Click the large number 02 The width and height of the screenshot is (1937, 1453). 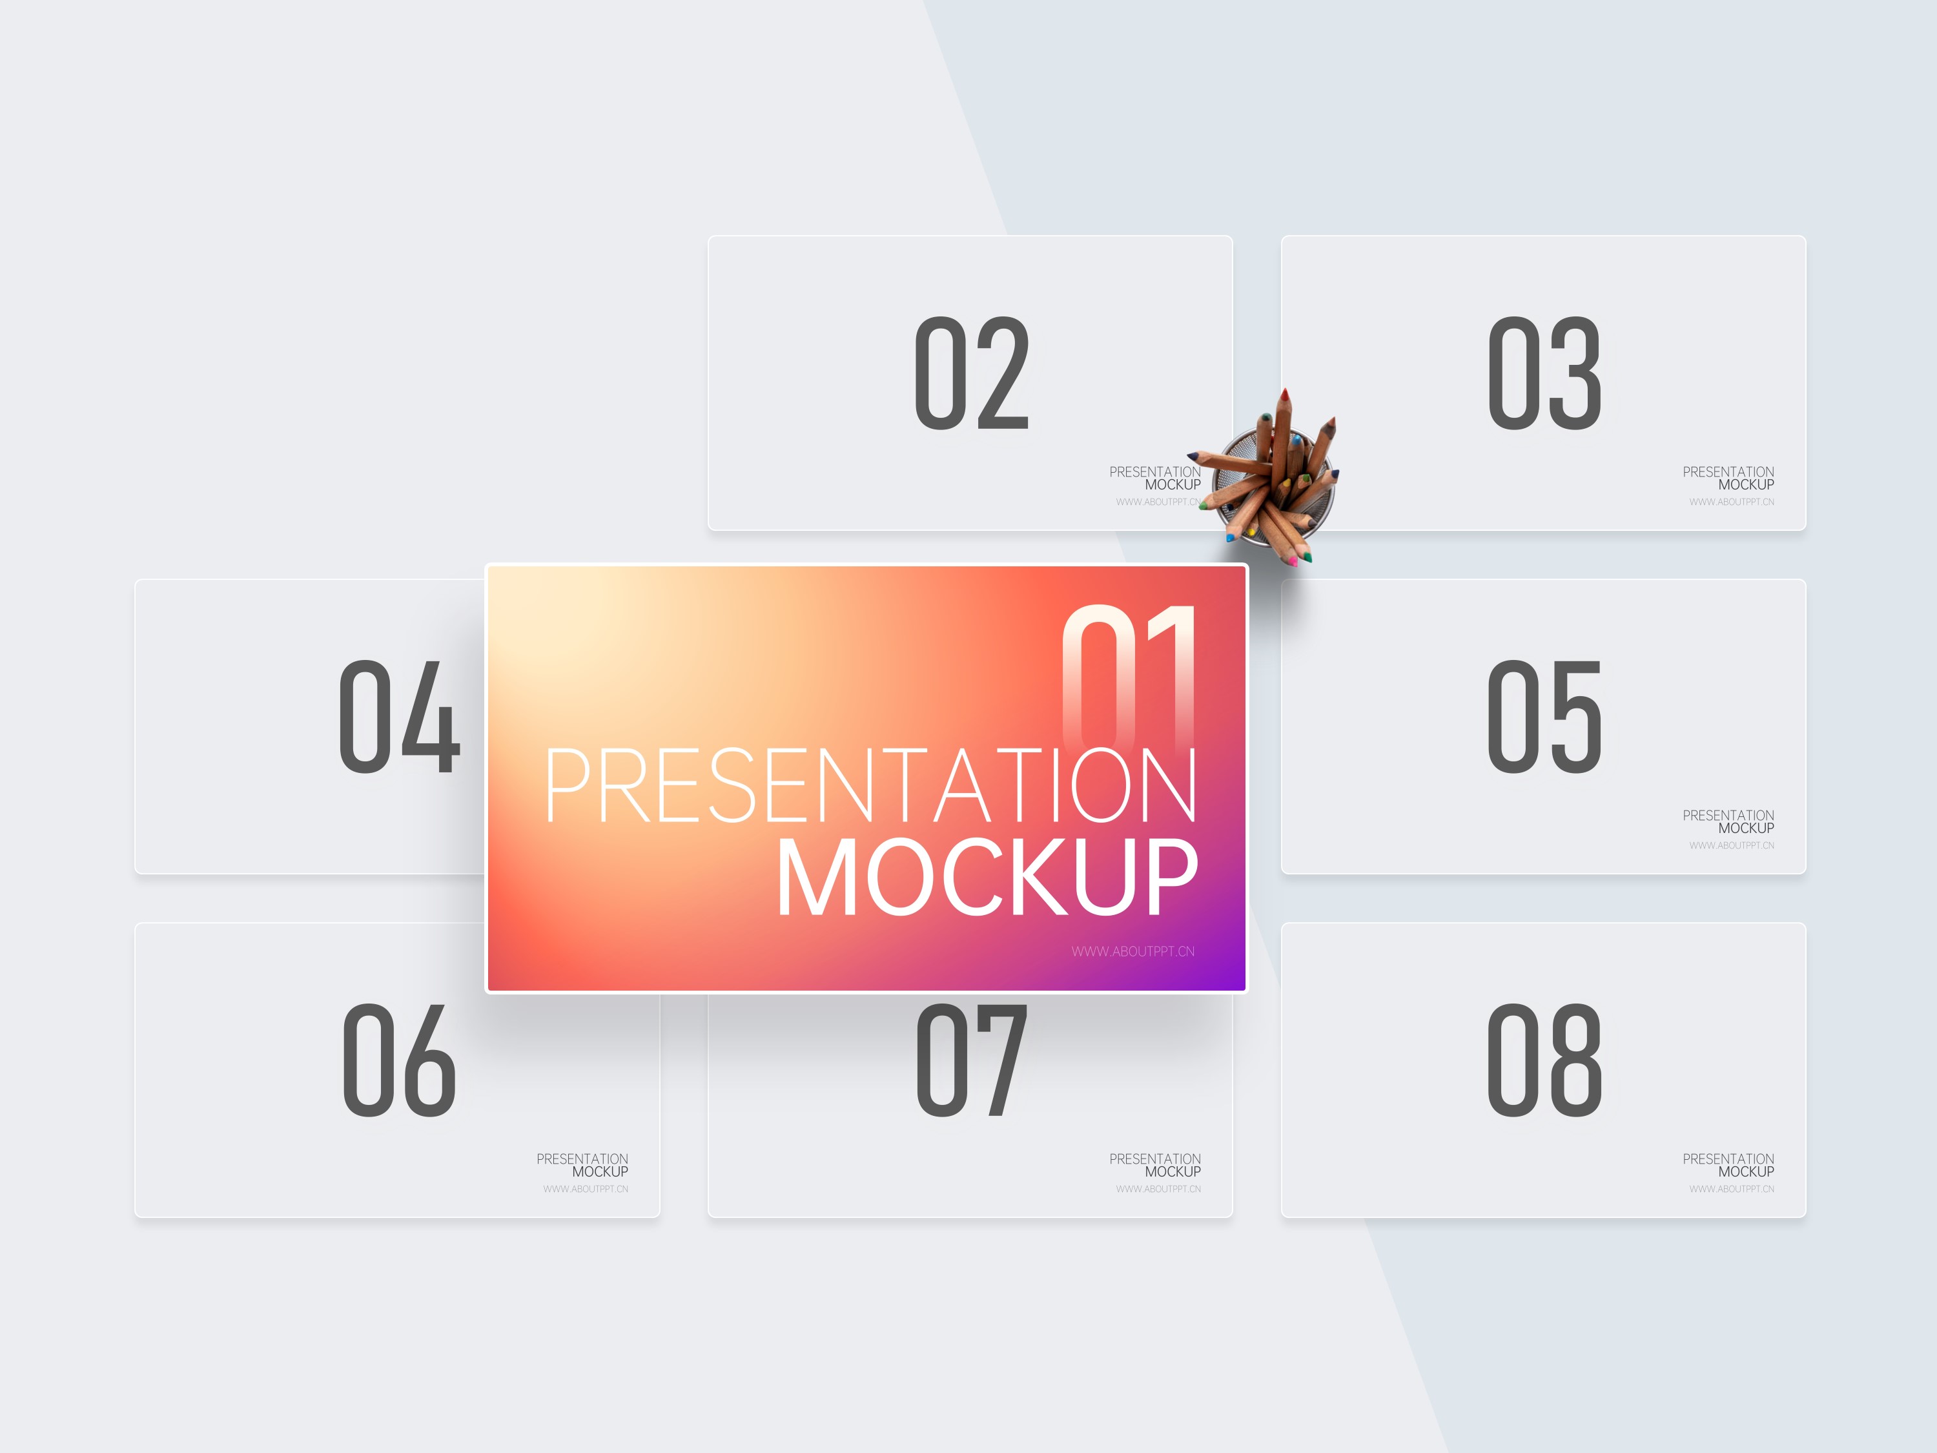pos(971,373)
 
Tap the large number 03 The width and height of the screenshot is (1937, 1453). pos(1544,373)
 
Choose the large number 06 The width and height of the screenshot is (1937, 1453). pos(399,1060)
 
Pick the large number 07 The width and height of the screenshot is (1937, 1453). pos(971,1060)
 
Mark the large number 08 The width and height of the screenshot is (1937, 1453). pos(1544,1060)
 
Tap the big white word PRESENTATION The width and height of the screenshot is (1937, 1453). pos(870,786)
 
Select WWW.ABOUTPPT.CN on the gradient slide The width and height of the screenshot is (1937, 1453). pos(1133,951)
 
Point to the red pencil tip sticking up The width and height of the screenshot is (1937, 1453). pos(1285,396)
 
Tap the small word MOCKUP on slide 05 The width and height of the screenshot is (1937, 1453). pos(1746,828)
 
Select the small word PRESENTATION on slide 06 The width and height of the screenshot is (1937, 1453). pos(582,1159)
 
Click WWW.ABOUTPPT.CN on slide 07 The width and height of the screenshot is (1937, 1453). pos(1158,1188)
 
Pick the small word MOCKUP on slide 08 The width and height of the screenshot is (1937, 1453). pos(1746,1171)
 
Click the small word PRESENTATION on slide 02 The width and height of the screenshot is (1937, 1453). pos(1155,472)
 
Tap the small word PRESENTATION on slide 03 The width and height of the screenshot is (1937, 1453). pos(1728,472)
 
